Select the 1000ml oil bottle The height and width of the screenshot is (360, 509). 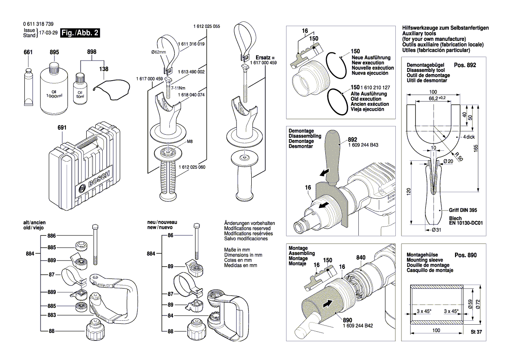54,87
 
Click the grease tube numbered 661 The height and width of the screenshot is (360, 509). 28,87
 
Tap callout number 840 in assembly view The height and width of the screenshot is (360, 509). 361,257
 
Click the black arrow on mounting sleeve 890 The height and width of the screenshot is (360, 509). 329,303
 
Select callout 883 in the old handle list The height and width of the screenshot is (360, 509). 52,315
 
